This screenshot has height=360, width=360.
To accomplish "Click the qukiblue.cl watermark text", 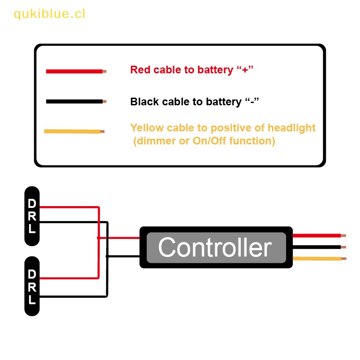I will pos(49,14).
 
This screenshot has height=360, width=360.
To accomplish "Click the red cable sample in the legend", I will pos(75,71).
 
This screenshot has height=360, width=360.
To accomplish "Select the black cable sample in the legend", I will pos(75,102).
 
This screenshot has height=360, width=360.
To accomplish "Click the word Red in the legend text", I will pos(140,70).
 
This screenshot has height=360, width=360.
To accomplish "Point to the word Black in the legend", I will pos(144,102).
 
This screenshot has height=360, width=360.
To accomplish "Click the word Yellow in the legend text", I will pos(146,128).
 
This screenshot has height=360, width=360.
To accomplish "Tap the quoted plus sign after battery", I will pos(245,70).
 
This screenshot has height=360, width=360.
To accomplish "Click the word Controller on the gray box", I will pos(215,247).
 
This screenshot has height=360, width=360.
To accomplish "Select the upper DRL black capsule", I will pos(32,216).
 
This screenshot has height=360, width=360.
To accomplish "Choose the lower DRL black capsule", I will pos(32,287).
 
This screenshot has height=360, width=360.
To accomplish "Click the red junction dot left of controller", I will pos(99,238).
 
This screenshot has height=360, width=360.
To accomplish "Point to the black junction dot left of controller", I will pos(107,256).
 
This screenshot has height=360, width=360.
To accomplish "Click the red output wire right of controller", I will pos(317,235).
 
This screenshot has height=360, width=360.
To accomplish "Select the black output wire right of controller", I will pos(317,247).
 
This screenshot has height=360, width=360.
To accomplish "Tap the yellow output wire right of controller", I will pos(317,259).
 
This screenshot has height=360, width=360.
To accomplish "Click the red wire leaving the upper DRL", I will pos(67,207).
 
